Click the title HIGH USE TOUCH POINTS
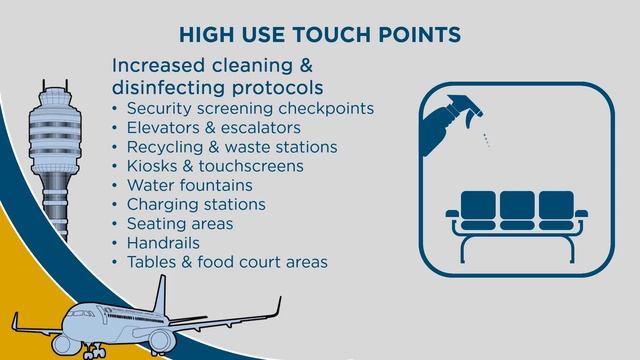319,34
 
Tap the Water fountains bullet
189,185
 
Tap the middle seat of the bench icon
516,207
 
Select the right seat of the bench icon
555,207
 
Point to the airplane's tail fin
160,294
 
